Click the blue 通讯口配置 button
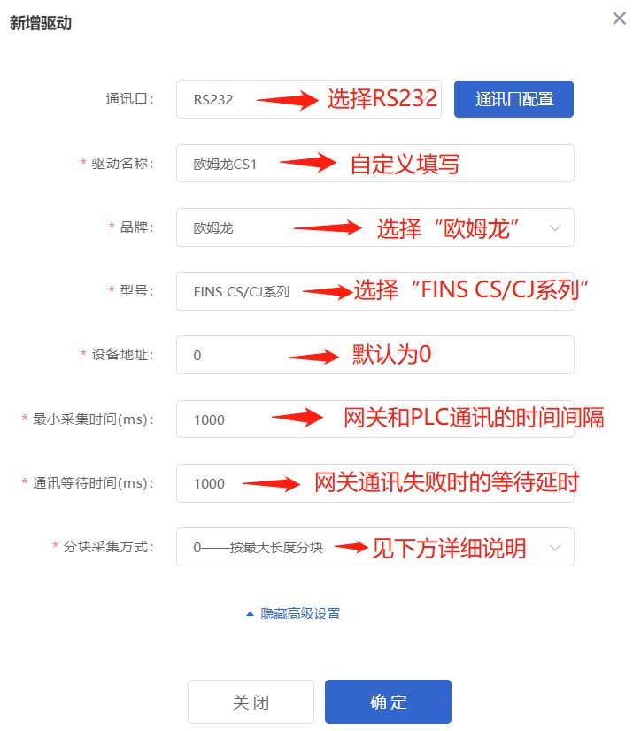(513, 99)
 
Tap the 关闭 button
(251, 702)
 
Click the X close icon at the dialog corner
(620, 19)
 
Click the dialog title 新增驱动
(41, 24)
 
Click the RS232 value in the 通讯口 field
(213, 100)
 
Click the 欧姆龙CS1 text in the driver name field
(225, 164)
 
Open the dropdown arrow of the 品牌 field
(555, 227)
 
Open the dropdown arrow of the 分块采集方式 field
(555, 548)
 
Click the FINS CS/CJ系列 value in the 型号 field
(242, 291)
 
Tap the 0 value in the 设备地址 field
(197, 356)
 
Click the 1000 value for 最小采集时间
(209, 419)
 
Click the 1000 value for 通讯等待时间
(209, 483)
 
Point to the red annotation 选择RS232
(382, 99)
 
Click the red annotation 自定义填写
(405, 164)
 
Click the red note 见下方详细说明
(449, 548)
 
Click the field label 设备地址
(122, 355)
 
